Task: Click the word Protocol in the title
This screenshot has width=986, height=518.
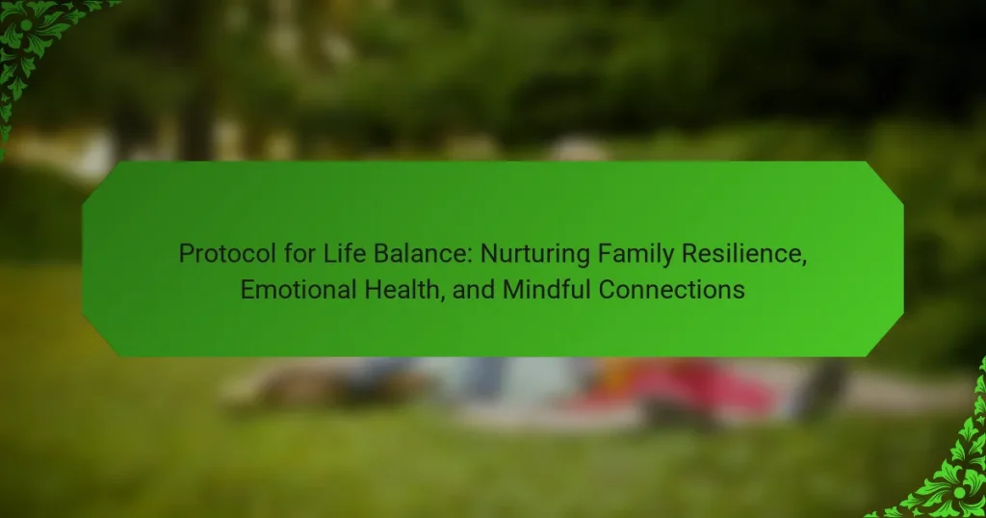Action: click(227, 254)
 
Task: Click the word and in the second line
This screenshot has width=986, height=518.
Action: click(474, 290)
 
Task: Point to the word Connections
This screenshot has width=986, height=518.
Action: click(671, 290)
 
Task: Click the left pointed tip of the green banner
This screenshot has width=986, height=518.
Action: click(83, 259)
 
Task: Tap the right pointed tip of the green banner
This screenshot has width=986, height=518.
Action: click(903, 259)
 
